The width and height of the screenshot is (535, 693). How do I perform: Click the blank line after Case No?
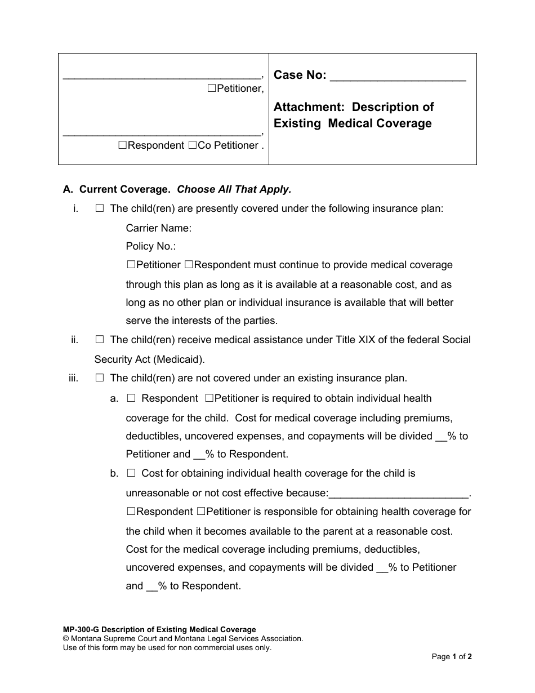click(x=398, y=77)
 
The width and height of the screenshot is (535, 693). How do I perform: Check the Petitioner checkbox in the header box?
click(x=211, y=88)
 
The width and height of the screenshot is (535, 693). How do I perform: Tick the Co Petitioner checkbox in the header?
click(x=193, y=145)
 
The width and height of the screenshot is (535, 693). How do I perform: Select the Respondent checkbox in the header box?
click(x=123, y=145)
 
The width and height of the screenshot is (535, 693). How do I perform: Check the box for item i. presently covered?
click(x=100, y=208)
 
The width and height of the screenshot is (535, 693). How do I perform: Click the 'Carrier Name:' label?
click(x=159, y=228)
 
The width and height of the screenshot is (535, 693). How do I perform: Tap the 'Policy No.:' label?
click(x=151, y=246)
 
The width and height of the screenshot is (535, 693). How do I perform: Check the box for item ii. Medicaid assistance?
click(x=100, y=340)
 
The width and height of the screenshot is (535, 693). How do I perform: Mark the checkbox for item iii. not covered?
click(x=100, y=378)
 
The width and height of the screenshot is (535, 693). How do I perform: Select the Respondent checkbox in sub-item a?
click(x=131, y=398)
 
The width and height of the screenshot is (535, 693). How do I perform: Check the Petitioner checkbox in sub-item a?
click(x=209, y=398)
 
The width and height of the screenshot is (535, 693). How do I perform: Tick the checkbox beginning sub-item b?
click(x=131, y=473)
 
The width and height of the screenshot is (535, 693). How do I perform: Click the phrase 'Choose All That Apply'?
click(x=234, y=189)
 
